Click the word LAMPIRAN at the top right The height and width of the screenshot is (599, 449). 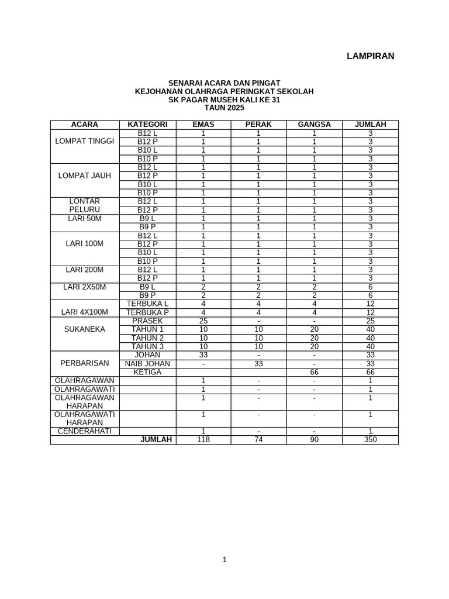point(370,56)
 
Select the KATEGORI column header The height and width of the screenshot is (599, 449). point(148,125)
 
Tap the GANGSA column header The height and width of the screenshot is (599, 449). point(314,125)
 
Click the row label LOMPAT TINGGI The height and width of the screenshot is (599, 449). point(84,142)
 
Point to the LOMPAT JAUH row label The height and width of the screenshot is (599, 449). point(84,175)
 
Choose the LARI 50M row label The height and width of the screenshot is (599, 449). point(84,218)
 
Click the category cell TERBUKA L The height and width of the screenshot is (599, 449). point(147,304)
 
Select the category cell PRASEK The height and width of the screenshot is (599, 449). point(147,321)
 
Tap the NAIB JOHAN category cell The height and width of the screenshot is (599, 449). point(147,364)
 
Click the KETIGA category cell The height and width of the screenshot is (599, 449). point(147,372)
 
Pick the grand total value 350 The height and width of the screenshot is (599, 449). point(370,440)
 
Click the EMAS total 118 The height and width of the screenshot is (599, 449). point(203,440)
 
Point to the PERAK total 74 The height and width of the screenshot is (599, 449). point(258,440)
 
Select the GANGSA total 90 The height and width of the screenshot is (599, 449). point(314,440)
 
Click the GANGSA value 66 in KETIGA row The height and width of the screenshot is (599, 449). point(314,372)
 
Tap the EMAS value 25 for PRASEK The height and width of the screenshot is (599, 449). point(203,321)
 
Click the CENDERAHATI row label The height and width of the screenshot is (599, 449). point(84,431)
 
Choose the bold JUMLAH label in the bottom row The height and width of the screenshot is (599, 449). point(156,440)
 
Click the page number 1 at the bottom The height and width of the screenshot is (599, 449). point(224,559)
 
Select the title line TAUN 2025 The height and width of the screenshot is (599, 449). point(224,108)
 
